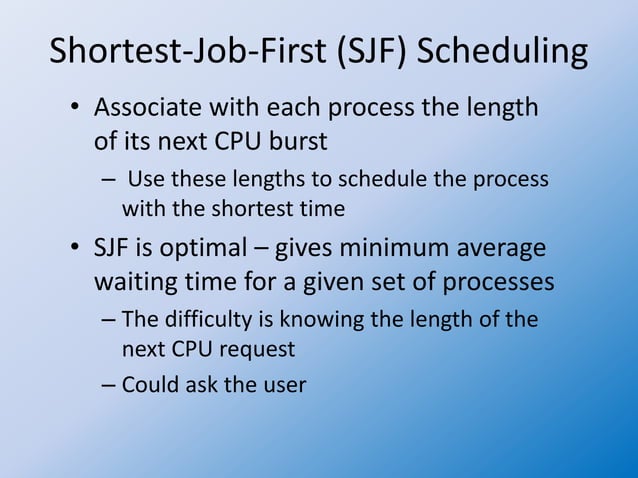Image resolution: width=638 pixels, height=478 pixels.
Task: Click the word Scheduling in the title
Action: (502, 53)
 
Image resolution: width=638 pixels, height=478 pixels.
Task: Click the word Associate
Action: (149, 107)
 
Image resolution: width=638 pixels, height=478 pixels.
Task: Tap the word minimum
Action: (389, 247)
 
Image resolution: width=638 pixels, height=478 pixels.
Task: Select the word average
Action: (498, 247)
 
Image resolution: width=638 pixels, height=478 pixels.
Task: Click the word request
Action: (261, 350)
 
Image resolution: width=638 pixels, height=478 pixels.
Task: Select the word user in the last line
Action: (285, 384)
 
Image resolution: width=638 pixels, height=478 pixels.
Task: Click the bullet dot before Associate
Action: (75, 108)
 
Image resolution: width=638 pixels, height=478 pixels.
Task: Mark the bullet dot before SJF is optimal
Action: (75, 248)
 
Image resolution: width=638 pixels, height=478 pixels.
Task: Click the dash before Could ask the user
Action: (109, 384)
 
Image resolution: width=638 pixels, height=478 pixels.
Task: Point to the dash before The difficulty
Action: (109, 320)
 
